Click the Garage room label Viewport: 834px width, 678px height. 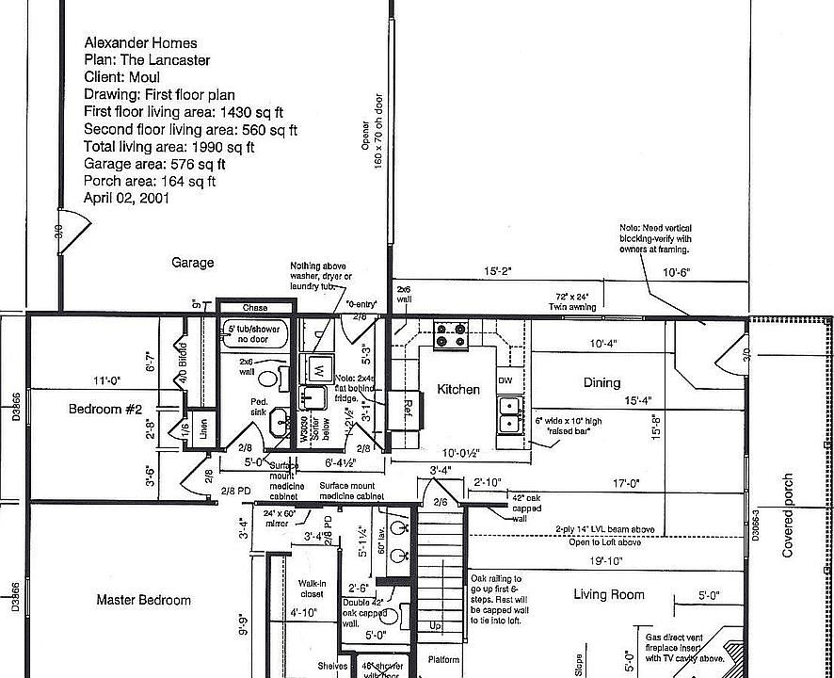pos(192,263)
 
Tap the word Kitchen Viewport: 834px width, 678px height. pos(458,389)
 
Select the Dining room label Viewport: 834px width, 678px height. pos(601,382)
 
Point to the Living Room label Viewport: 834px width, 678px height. pos(609,594)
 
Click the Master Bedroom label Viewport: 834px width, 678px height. pos(143,600)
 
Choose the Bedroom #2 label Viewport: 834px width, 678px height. pos(104,410)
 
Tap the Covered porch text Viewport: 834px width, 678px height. pos(788,515)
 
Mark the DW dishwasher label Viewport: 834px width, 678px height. pos(505,381)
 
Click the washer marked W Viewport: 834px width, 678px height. pos(317,368)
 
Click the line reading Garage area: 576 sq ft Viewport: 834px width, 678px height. pos(154,164)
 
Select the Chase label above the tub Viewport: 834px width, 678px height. pos(254,308)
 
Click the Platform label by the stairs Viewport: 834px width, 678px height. pos(443,660)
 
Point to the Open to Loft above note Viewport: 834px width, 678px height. pos(606,541)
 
